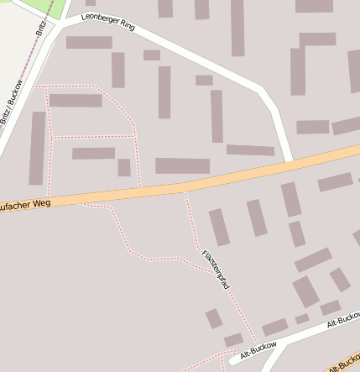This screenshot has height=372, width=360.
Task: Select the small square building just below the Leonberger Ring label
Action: click(152, 55)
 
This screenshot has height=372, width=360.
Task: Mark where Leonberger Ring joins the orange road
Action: click(290, 160)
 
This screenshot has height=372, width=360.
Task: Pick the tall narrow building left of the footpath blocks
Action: click(37, 148)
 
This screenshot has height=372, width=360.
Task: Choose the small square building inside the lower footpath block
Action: click(124, 167)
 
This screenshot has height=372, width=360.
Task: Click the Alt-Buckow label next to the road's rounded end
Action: click(258, 350)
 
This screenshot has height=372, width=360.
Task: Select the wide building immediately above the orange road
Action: click(182, 165)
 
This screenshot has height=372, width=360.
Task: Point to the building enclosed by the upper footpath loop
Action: click(76, 101)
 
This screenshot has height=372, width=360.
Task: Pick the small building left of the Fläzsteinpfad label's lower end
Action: click(214, 318)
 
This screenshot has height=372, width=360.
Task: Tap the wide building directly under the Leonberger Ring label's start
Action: click(89, 42)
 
